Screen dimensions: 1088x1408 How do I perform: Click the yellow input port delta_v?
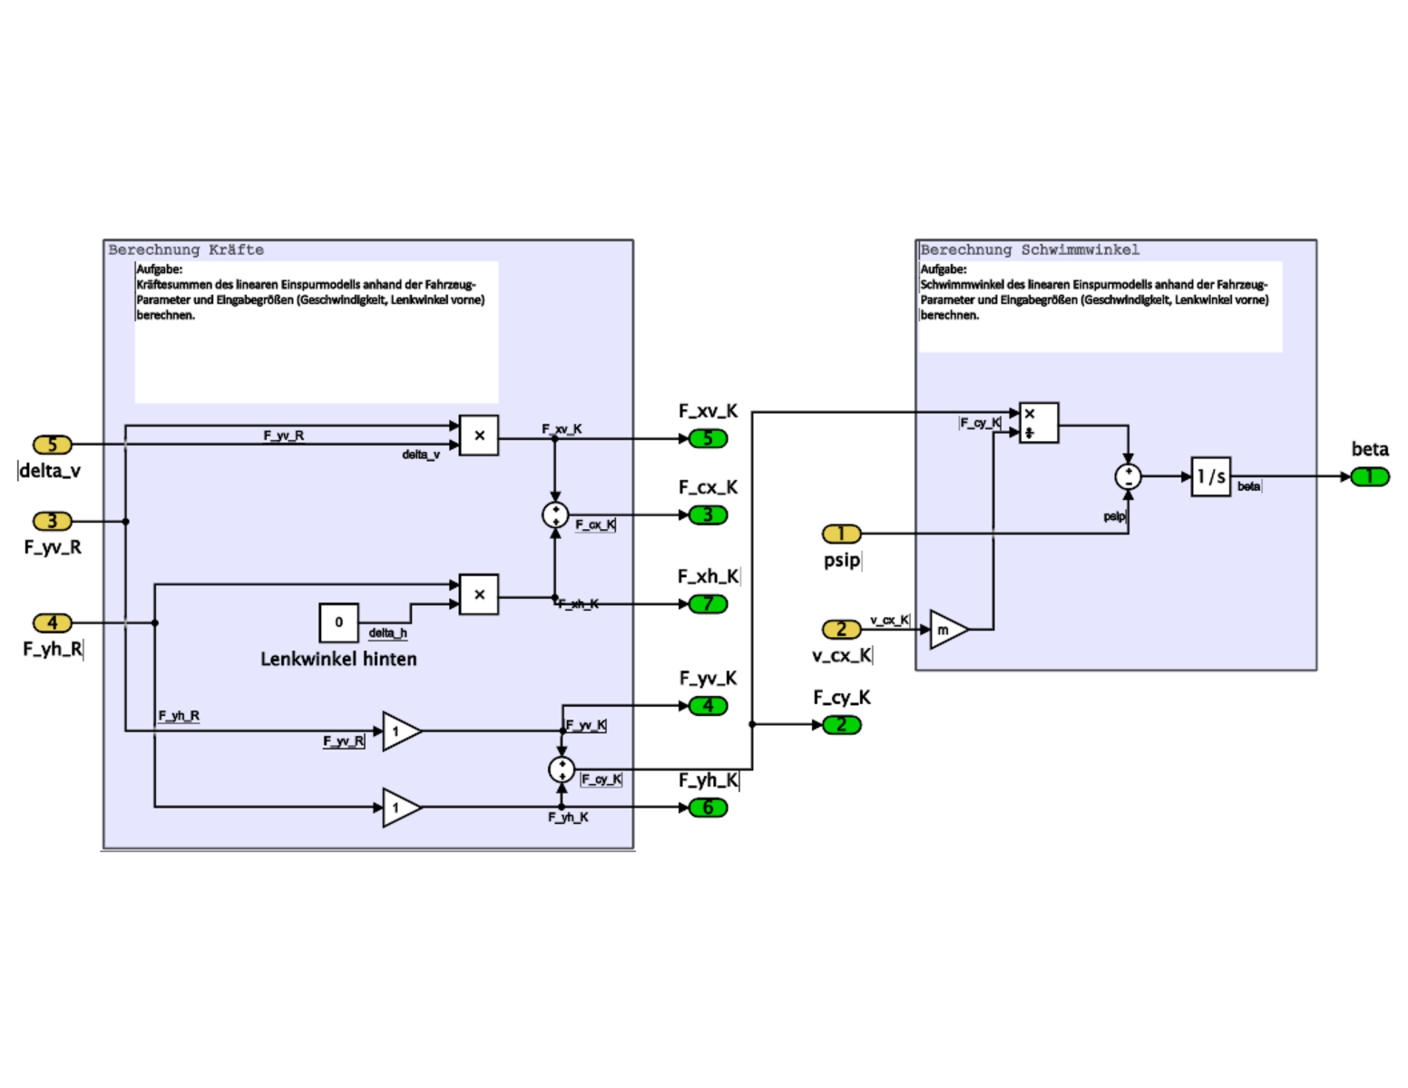[53, 445]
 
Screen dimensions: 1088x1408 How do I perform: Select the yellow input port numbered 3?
[53, 521]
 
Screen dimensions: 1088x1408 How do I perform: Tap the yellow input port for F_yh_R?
[53, 622]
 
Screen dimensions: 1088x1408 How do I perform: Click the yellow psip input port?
[841, 534]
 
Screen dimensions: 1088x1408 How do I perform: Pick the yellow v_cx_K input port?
[841, 629]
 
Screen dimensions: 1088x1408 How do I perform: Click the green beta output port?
[1369, 476]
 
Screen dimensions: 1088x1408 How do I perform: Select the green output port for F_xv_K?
[708, 438]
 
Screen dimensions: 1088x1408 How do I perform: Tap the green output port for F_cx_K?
[708, 515]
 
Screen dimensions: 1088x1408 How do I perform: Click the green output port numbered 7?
[708, 603]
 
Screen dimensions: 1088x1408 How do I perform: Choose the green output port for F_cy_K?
[841, 724]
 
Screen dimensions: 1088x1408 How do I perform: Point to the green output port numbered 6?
[708, 807]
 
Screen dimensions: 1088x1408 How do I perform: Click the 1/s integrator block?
[1210, 476]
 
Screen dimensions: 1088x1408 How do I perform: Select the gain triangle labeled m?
[947, 630]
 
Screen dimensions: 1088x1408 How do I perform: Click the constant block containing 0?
[338, 622]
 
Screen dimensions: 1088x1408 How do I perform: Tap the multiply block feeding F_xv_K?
[479, 436]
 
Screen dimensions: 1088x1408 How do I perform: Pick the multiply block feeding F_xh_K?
[479, 594]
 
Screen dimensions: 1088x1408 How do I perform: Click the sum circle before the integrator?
[1128, 476]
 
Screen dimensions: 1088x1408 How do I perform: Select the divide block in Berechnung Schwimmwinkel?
[1038, 423]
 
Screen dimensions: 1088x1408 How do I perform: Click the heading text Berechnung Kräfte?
[186, 250]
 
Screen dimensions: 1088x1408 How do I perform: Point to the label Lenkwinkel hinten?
[338, 660]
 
